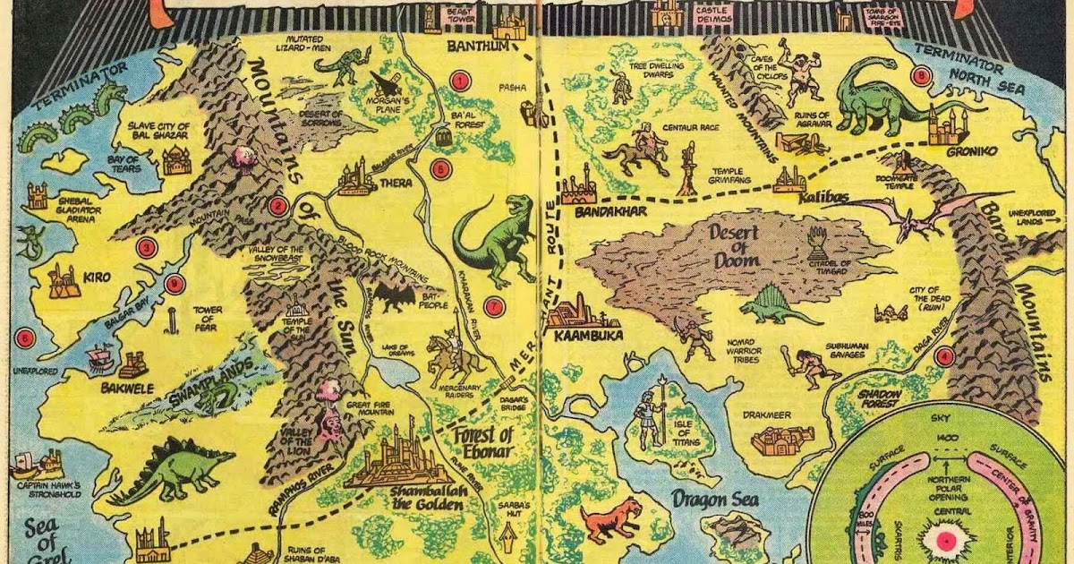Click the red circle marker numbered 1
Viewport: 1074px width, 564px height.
pos(460,81)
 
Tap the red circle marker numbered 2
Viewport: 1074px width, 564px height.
pos(277,207)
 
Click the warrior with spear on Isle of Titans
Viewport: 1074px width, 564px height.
pos(651,414)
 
